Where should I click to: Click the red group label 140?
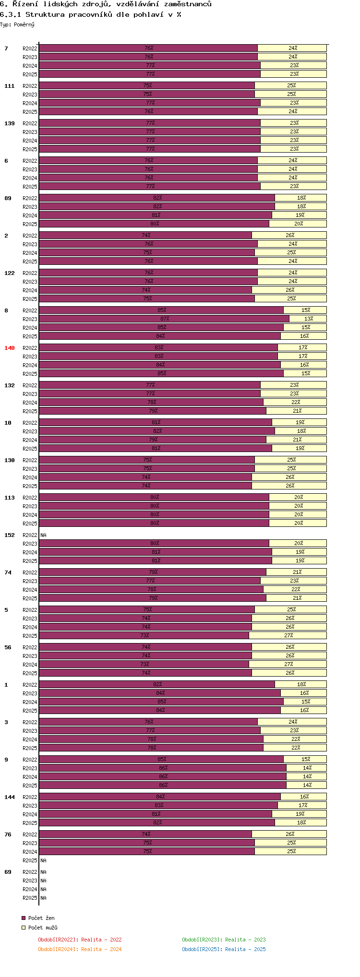tap(10, 348)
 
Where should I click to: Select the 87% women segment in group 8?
tap(164, 319)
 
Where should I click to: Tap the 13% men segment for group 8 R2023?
tap(308, 319)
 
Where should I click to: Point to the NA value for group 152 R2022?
tap(44, 535)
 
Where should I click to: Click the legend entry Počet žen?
tap(41, 918)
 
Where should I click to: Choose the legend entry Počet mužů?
tap(43, 928)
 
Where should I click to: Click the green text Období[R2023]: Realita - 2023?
tap(224, 940)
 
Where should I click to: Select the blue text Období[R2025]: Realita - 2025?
tap(224, 949)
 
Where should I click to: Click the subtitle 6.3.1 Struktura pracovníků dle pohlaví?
tap(91, 14)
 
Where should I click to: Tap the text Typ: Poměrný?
tap(17, 24)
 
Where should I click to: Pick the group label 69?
tap(8, 872)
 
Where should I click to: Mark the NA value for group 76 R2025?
tap(44, 860)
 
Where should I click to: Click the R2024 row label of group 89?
tap(30, 215)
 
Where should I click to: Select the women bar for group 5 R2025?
tap(144, 635)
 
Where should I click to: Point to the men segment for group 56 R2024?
tap(288, 664)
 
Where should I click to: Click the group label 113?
tap(10, 498)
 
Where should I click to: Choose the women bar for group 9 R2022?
tap(161, 759)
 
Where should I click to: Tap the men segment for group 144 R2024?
tap(300, 814)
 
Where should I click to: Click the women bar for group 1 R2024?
tap(161, 702)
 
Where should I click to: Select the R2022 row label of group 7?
tap(30, 48)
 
